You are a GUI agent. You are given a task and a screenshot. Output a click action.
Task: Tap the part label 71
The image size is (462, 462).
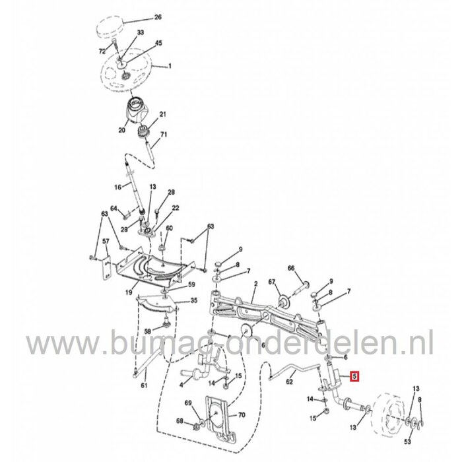tap(164, 135)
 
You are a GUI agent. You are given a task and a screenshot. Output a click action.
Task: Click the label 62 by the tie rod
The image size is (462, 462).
tap(290, 381)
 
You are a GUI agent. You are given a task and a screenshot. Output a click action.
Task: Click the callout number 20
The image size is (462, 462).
tap(121, 131)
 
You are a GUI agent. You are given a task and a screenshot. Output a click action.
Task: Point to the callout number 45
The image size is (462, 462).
tap(158, 44)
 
